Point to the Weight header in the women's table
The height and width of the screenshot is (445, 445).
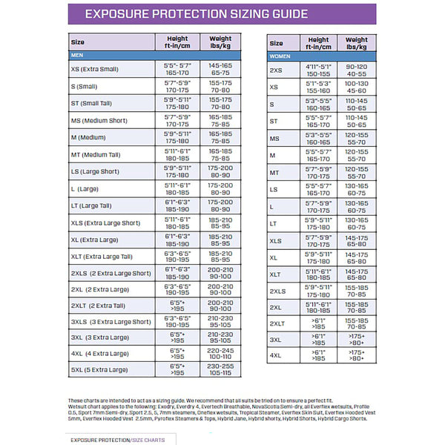coord(357,43)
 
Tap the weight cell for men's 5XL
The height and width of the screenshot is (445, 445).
coord(220,369)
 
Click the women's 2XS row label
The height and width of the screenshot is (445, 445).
coord(276,70)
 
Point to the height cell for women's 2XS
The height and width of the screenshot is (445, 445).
coord(318,70)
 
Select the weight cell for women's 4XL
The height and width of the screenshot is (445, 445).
coord(357,355)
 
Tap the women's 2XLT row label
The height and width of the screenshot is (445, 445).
coord(278,323)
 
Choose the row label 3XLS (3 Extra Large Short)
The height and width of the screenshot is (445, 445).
coord(111,321)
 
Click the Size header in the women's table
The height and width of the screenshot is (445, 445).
coord(276,43)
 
